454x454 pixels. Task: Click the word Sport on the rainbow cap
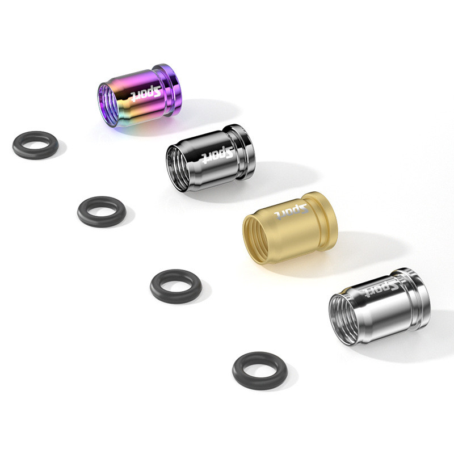(x=146, y=93)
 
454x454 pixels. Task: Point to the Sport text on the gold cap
(x=291, y=211)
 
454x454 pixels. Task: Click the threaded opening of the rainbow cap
(x=108, y=105)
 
